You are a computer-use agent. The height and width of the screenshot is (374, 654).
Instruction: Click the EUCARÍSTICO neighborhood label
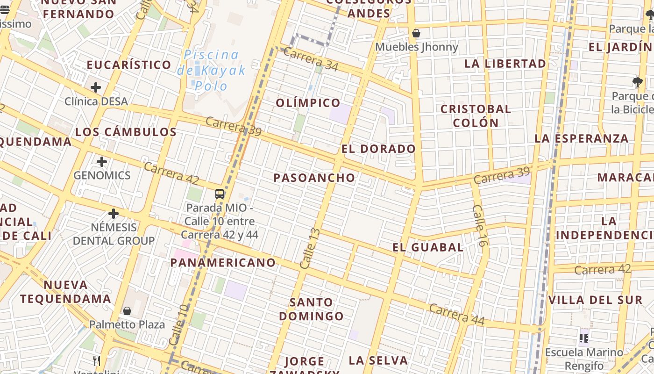(x=129, y=65)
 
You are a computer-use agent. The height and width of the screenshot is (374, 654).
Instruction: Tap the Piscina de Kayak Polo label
(x=211, y=70)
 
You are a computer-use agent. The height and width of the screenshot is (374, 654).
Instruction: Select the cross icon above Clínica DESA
(x=96, y=87)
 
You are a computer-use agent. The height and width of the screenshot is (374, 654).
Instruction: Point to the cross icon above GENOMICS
(x=102, y=162)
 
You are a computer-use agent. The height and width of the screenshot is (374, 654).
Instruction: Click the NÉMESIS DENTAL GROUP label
(x=114, y=234)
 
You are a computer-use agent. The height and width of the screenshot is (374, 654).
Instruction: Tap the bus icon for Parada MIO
(x=220, y=194)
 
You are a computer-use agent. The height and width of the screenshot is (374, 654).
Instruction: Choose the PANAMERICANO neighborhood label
(x=223, y=263)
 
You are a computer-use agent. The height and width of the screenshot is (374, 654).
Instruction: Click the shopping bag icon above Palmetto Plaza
(x=127, y=311)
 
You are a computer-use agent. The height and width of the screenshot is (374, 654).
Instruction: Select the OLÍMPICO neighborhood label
(x=308, y=103)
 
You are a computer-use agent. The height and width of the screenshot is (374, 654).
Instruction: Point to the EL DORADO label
(x=378, y=149)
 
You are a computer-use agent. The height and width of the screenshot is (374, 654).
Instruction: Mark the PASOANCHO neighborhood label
(x=314, y=178)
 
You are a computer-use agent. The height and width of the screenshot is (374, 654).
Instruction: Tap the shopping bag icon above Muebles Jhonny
(x=416, y=34)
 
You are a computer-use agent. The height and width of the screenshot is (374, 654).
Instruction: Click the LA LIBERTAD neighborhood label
(x=505, y=64)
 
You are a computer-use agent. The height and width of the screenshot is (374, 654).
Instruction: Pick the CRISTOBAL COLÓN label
(x=476, y=116)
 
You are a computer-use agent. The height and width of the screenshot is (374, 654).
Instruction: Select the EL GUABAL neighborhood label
(x=428, y=247)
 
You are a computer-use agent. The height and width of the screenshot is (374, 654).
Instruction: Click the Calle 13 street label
(x=311, y=248)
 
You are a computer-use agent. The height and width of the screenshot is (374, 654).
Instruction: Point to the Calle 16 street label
(x=480, y=226)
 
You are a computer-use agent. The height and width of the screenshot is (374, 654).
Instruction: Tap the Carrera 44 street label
(x=456, y=315)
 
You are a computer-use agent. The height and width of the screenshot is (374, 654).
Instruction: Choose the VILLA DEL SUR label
(x=596, y=300)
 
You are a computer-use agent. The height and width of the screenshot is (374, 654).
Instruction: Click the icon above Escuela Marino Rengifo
(x=583, y=338)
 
